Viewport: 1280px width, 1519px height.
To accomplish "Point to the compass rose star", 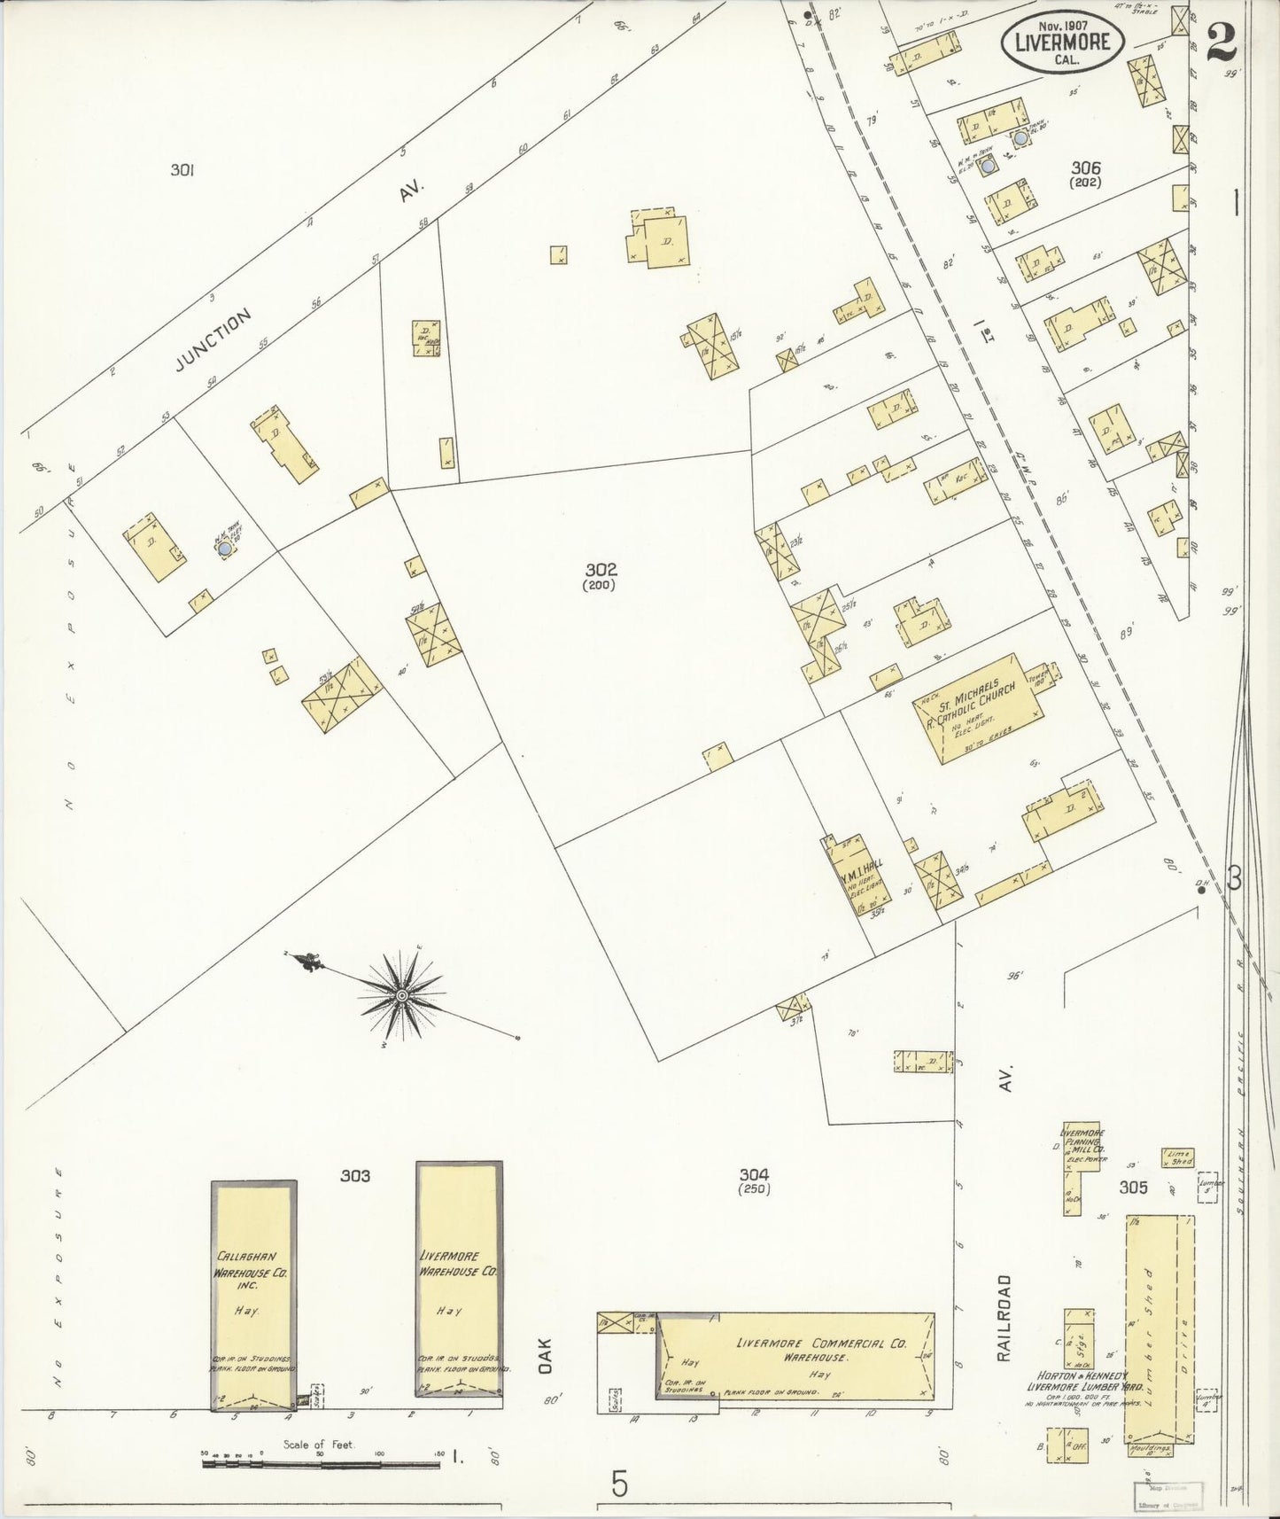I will point(401,995).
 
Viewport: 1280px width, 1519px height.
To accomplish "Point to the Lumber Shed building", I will point(1160,1338).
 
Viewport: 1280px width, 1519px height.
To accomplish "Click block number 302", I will point(600,570).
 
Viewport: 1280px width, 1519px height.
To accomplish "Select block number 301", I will point(182,169).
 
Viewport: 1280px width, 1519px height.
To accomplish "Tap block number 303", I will point(354,1176).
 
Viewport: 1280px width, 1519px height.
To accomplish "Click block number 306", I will point(1085,167).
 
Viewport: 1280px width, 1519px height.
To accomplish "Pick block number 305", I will point(1133,1188).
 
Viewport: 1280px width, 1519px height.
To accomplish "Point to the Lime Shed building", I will point(1178,1157).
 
